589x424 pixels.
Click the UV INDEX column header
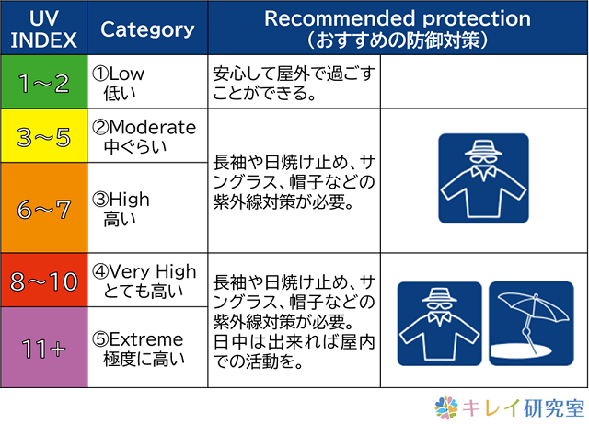point(43,29)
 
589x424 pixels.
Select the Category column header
point(147,29)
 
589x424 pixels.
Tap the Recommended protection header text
point(398,18)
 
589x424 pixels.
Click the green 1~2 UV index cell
point(43,82)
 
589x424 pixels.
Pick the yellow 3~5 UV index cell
point(43,136)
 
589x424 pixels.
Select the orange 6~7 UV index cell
point(43,208)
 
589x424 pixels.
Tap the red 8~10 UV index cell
point(43,281)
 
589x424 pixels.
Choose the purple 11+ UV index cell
point(43,348)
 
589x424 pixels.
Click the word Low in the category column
point(126,74)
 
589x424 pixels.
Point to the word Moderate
point(153,127)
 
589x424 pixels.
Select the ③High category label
point(121,200)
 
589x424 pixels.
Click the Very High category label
point(153,271)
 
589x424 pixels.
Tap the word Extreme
point(146,339)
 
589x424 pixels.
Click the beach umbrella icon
point(531,324)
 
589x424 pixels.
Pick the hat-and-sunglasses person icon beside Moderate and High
point(483,178)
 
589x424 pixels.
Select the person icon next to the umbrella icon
point(440,324)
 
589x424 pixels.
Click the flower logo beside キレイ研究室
point(446,407)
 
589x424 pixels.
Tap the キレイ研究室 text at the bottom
point(524,407)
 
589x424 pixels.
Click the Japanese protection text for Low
point(294,84)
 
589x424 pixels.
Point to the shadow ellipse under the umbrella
point(522,350)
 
